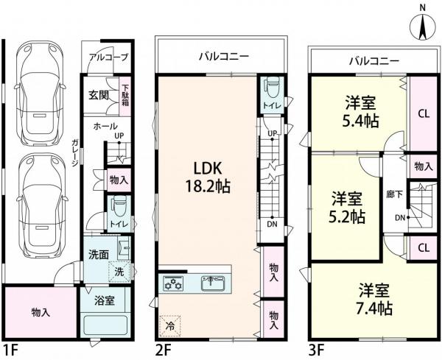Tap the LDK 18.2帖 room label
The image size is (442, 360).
click(x=208, y=175)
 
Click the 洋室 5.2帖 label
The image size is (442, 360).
click(x=347, y=207)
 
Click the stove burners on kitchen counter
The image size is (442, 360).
click(x=174, y=282)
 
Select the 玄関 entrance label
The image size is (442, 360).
click(x=99, y=94)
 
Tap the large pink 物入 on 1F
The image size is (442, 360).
click(x=41, y=312)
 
